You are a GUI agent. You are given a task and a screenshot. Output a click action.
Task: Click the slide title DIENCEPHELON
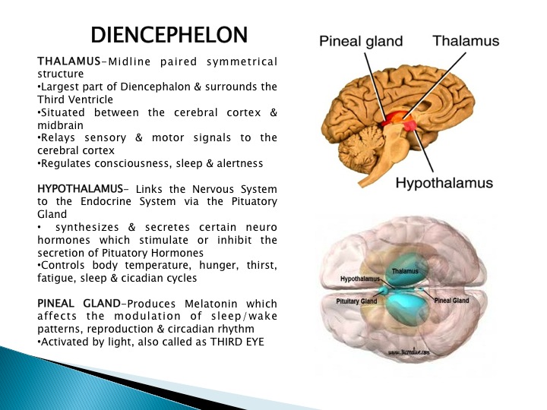[x=169, y=34]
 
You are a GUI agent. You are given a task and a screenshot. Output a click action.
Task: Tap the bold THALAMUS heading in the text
[x=68, y=61]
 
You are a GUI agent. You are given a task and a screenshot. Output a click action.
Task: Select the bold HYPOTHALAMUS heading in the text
[x=80, y=188]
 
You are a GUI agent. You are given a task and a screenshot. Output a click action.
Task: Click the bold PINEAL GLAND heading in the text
[x=79, y=303]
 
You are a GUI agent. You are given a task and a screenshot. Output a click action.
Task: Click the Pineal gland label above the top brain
[x=361, y=42]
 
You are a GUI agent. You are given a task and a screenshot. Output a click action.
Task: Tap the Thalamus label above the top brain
[x=466, y=41]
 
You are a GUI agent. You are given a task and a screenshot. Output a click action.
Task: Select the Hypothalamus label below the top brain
[x=444, y=183]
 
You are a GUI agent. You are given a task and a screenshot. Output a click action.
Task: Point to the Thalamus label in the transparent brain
[x=405, y=271]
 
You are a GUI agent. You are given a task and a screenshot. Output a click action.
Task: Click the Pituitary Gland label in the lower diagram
[x=356, y=301]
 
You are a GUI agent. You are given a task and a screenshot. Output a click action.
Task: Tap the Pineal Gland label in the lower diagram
[x=451, y=300]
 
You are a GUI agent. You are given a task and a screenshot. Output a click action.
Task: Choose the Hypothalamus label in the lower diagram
[x=360, y=279]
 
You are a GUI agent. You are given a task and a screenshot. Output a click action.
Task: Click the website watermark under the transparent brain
[x=409, y=352]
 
